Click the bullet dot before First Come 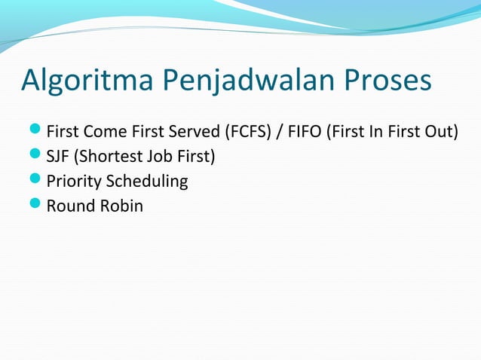36,133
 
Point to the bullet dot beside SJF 36,157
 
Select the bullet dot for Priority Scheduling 36,181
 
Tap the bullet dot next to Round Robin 36,205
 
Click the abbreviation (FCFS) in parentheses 249,133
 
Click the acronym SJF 57,157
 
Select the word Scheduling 147,182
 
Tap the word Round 68,206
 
